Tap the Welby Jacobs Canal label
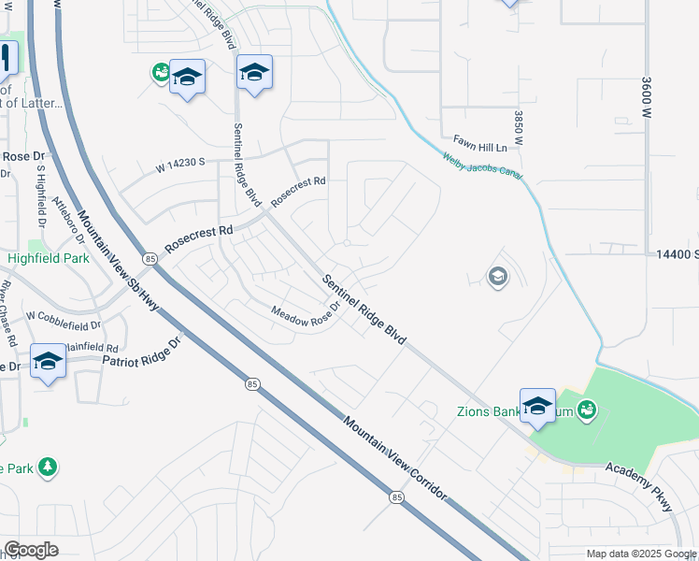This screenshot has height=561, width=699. pyautogui.click(x=482, y=168)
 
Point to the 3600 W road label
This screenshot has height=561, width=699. pyautogui.click(x=645, y=96)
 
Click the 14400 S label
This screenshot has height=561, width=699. pyautogui.click(x=677, y=254)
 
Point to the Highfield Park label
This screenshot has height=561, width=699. pyautogui.click(x=38, y=258)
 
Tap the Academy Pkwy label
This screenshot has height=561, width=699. pyautogui.click(x=639, y=487)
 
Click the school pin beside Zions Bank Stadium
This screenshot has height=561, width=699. pyautogui.click(x=537, y=406)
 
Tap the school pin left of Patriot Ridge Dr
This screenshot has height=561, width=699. pyautogui.click(x=48, y=361)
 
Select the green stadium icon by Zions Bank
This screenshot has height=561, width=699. pyautogui.click(x=587, y=409)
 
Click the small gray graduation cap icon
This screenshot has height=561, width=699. pyautogui.click(x=497, y=275)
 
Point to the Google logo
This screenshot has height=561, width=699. pyautogui.click(x=31, y=550)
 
